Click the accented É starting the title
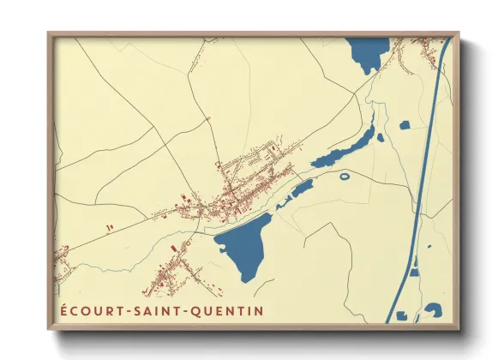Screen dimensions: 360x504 [63, 308]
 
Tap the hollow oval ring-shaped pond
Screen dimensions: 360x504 [345, 177]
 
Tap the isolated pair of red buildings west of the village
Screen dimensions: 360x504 [110, 227]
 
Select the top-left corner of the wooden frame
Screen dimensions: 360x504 [48, 33]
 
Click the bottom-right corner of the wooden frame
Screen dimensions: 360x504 [459, 329]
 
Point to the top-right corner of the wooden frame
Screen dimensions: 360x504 [459, 33]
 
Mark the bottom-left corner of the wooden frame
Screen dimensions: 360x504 [48, 329]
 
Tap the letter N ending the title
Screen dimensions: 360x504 [259, 309]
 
